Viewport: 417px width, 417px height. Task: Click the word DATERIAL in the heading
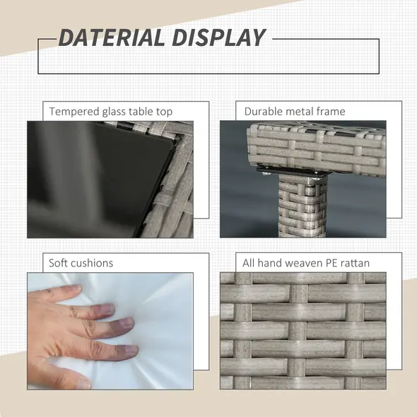111,37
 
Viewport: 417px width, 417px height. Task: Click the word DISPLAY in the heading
219,37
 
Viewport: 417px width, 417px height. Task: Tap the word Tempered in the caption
74,112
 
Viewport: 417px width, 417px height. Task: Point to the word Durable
262,112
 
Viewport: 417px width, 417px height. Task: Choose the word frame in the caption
328,112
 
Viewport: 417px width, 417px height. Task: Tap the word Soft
58,263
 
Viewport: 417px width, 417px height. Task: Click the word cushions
92,263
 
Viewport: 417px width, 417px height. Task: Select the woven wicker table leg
303,206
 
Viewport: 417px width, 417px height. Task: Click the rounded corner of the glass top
173,142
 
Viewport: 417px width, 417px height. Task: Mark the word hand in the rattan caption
270,263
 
